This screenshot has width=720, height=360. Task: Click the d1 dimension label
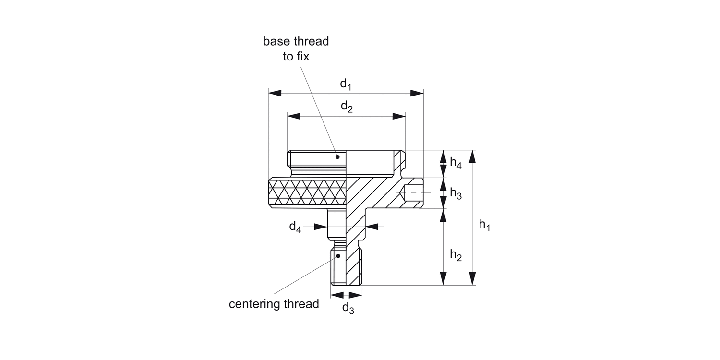click(x=346, y=84)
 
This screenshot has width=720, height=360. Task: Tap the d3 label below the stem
click(x=348, y=308)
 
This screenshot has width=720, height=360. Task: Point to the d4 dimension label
click(x=295, y=227)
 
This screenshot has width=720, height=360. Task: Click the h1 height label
click(x=484, y=224)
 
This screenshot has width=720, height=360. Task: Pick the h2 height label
click(x=456, y=255)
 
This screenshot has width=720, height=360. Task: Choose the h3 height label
click(x=456, y=194)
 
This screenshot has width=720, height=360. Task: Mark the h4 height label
click(x=456, y=163)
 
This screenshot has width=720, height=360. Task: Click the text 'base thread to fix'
click(x=296, y=48)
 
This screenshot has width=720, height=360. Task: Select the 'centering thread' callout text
click(x=274, y=304)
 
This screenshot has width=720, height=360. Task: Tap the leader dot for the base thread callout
click(x=337, y=156)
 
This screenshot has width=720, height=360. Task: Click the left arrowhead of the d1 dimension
click(x=274, y=93)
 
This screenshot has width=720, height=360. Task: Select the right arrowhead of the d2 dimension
click(x=399, y=116)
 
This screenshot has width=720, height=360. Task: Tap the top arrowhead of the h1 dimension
click(x=473, y=156)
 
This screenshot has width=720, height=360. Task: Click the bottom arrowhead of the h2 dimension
click(x=443, y=279)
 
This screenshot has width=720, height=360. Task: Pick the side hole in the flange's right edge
click(x=412, y=192)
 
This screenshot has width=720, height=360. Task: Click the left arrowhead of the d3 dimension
click(x=336, y=295)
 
